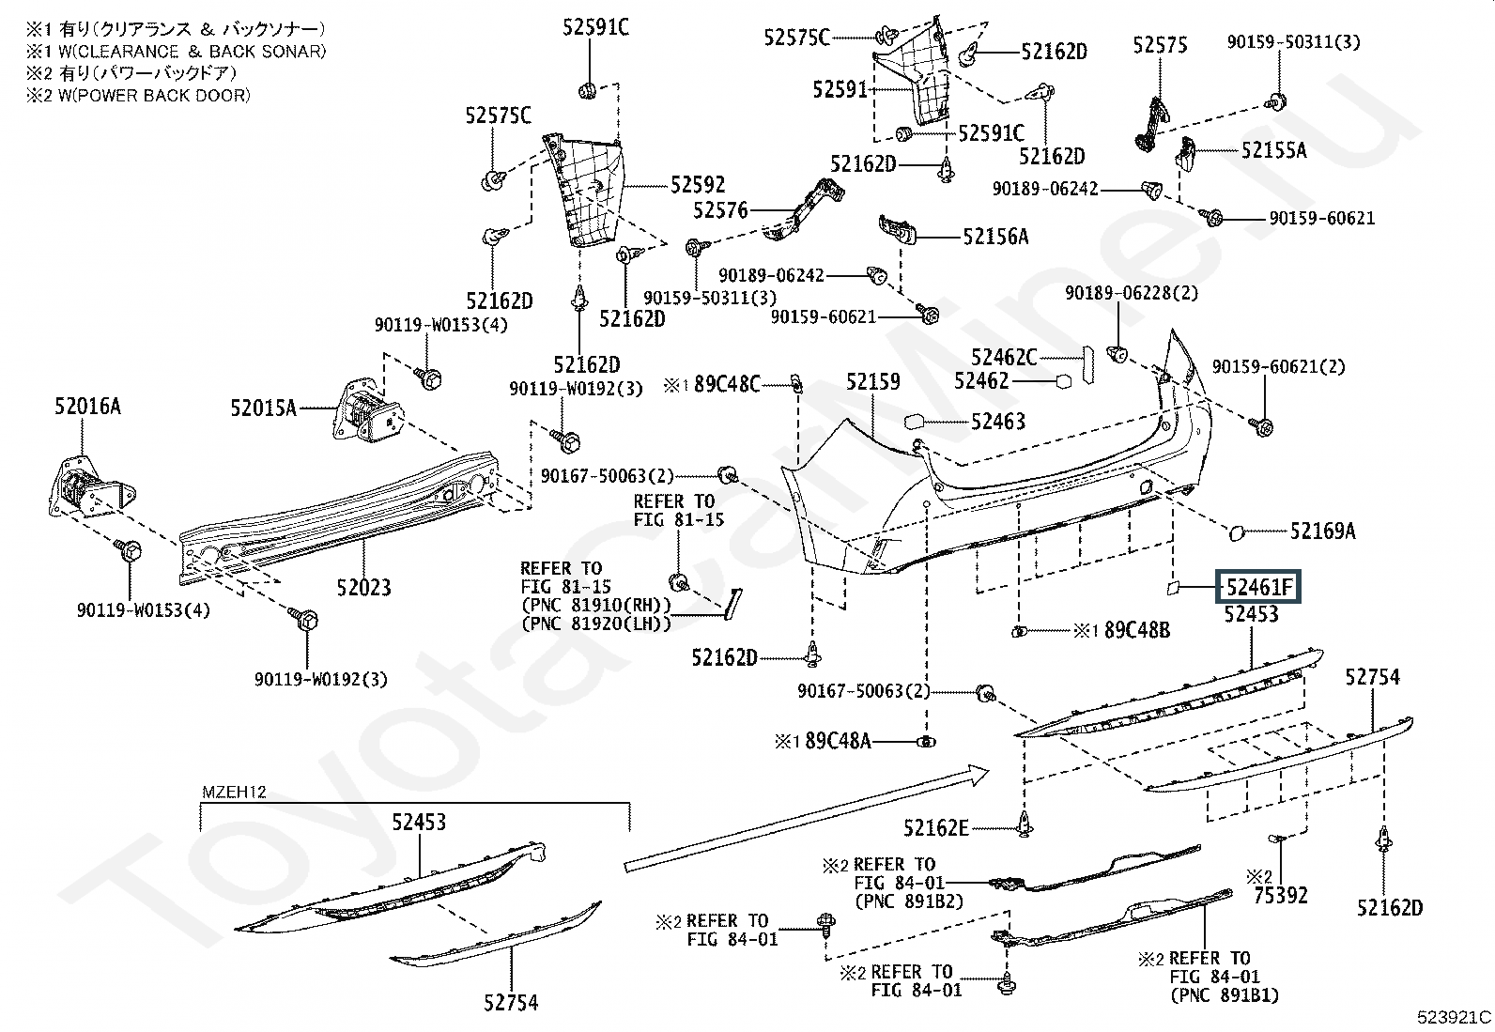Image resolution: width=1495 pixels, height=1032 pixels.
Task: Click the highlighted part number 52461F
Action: pyautogui.click(x=1259, y=589)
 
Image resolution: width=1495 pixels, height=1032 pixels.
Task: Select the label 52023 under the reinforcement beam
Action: pyautogui.click(x=363, y=588)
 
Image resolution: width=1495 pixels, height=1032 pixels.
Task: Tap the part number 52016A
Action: pyautogui.click(x=87, y=407)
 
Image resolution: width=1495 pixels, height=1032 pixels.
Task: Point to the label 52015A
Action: pyautogui.click(x=264, y=408)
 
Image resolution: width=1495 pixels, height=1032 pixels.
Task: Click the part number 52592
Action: pyautogui.click(x=698, y=185)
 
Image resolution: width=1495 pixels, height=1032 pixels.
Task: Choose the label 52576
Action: pyautogui.click(x=720, y=210)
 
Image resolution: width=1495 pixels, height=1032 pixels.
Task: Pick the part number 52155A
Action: pyautogui.click(x=1273, y=150)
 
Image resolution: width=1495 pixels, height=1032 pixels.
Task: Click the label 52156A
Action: pyautogui.click(x=995, y=237)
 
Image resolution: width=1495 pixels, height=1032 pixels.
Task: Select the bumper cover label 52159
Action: pyautogui.click(x=872, y=382)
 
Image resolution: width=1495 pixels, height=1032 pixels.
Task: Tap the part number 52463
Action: pyautogui.click(x=997, y=422)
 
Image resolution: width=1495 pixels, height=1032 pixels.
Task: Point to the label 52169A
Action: pyautogui.click(x=1322, y=531)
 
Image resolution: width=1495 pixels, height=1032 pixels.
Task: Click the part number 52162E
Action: pyautogui.click(x=935, y=828)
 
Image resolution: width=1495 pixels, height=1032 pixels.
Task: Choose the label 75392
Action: pyautogui.click(x=1280, y=896)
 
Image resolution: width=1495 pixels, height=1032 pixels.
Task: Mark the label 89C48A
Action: pyautogui.click(x=839, y=742)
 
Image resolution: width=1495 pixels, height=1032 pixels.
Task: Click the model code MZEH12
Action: pyautogui.click(x=234, y=792)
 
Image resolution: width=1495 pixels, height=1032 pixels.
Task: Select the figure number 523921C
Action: pyautogui.click(x=1454, y=1017)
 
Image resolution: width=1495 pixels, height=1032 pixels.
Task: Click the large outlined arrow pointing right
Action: pyautogui.click(x=808, y=817)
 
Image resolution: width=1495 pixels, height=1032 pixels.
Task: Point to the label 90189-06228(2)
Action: pyautogui.click(x=1132, y=294)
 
